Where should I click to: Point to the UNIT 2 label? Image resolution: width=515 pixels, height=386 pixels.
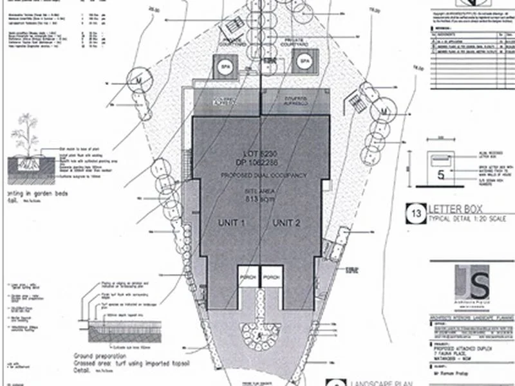pos(287,223)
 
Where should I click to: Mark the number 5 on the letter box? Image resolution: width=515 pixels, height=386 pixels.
pos(441,174)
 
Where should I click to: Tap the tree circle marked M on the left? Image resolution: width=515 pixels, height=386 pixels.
pos(137,78)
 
